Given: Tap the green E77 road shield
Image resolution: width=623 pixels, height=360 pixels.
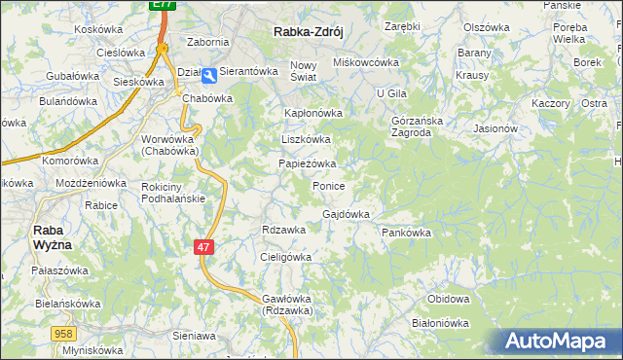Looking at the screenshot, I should click(164, 5).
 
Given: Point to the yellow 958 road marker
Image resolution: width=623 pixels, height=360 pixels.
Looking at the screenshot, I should click(63, 333).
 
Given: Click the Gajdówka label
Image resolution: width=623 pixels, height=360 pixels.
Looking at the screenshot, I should click(346, 214).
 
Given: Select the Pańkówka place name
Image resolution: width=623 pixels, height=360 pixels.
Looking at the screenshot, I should click(406, 234).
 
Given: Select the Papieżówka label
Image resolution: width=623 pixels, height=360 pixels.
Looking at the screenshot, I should click(308, 163).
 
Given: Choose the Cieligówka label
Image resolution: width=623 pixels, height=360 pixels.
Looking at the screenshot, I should click(285, 257).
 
